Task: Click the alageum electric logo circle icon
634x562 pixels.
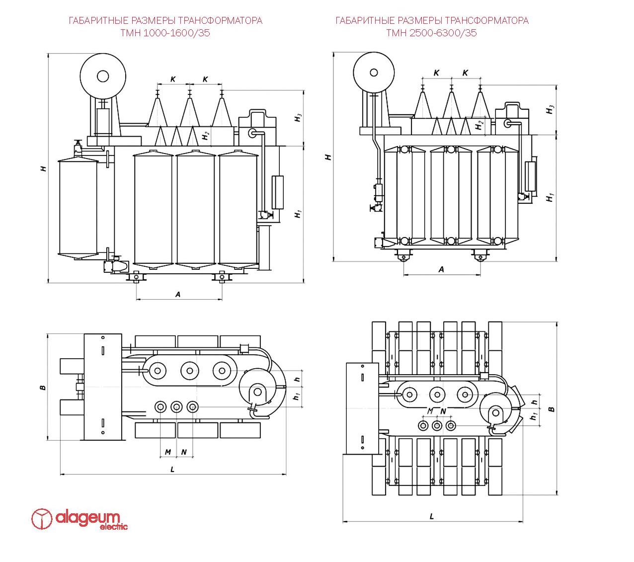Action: [x=42, y=519]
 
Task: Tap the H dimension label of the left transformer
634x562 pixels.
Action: [x=44, y=168]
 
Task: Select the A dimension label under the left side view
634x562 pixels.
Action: [x=178, y=294]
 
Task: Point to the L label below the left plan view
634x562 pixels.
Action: [x=172, y=469]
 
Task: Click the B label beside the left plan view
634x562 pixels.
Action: [x=43, y=387]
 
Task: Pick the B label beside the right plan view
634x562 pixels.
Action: [x=551, y=409]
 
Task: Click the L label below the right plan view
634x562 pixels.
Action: [x=432, y=516]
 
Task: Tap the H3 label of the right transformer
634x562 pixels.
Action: [x=550, y=110]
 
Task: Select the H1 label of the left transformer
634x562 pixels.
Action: [x=298, y=214]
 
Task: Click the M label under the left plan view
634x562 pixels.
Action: [x=168, y=452]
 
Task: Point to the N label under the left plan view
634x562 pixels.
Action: [x=184, y=452]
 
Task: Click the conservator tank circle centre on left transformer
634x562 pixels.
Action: [x=103, y=76]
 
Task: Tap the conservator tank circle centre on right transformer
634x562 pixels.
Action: [x=374, y=73]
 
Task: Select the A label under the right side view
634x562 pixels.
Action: [x=441, y=269]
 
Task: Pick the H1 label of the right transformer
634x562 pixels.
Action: [x=550, y=197]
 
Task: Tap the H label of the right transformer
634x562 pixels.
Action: [x=328, y=157]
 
